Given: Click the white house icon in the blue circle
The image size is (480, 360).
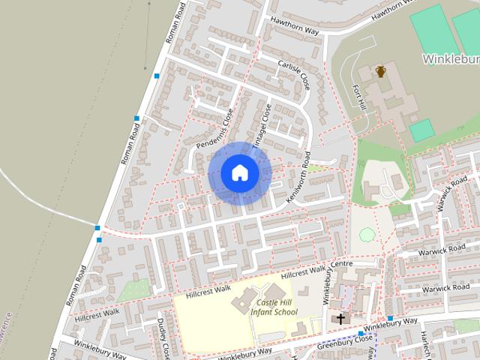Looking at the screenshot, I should pos(240,172).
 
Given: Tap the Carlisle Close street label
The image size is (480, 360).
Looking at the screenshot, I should pos(293,75).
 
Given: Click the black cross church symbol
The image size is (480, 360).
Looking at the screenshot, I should pos(341,319).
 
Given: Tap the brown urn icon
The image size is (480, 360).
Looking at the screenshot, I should pos(381,72).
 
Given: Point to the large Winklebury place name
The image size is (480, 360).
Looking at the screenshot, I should pos(450,58).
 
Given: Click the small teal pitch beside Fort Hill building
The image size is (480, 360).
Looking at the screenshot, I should pos(421,130).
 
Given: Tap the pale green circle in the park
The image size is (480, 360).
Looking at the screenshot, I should pos(366,235).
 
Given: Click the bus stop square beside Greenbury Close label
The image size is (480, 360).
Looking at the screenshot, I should pos(361,333).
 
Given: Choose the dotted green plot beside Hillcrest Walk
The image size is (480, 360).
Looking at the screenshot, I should pos(133,289).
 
